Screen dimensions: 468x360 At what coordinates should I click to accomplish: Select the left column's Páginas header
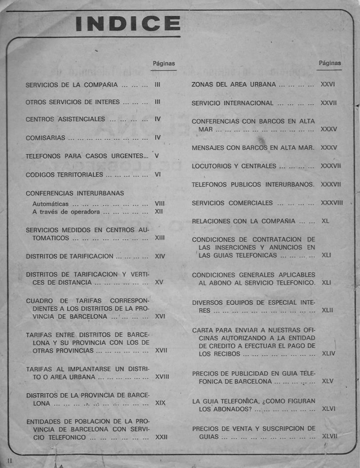pyautogui.click(x=163, y=63)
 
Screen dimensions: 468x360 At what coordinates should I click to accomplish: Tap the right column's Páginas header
pyautogui.click(x=330, y=63)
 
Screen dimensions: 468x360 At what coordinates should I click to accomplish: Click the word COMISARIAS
pyautogui.click(x=45, y=138)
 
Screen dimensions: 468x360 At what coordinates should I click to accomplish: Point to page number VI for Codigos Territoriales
pyautogui.click(x=158, y=175)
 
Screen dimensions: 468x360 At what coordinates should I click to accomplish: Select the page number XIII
pyautogui.click(x=159, y=238)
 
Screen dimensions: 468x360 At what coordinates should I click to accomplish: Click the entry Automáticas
pyautogui.click(x=51, y=204)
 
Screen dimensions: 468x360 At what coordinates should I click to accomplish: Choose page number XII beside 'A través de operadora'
pyautogui.click(x=159, y=211)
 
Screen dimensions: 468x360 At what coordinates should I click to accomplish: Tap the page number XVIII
pyautogui.click(x=162, y=377)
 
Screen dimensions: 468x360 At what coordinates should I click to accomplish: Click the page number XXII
pyautogui.click(x=161, y=437)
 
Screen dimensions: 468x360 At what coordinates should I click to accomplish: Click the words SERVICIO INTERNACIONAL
pyautogui.click(x=233, y=103)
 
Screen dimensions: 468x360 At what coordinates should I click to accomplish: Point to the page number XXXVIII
pyautogui.click(x=331, y=203)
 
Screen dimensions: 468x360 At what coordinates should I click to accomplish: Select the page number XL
pyautogui.click(x=325, y=221)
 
